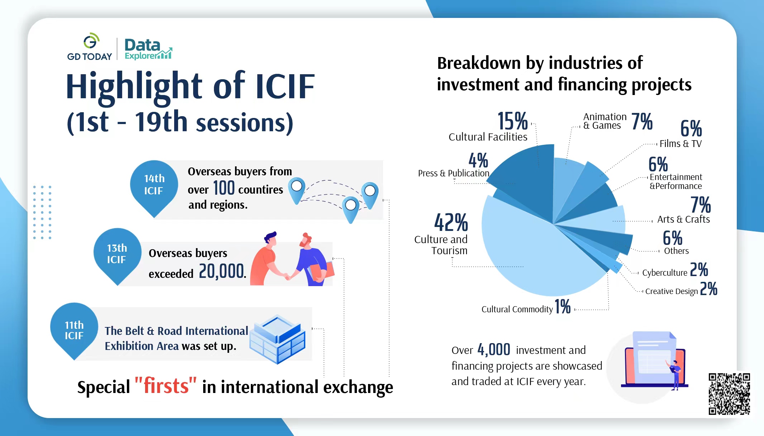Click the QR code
pyautogui.click(x=729, y=394)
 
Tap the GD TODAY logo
pyautogui.click(x=90, y=47)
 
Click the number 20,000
pyautogui.click(x=222, y=271)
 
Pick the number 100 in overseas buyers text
pyautogui.click(x=224, y=188)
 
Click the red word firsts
pyautogui.click(x=166, y=386)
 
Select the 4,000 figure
pyautogui.click(x=494, y=350)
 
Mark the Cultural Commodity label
pyautogui.click(x=517, y=309)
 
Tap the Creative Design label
pyautogui.click(x=672, y=291)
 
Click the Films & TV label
pyautogui.click(x=681, y=144)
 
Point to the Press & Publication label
pyautogui.click(x=454, y=173)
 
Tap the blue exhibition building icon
pyautogui.click(x=277, y=339)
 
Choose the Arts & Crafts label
pyautogui.click(x=683, y=219)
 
